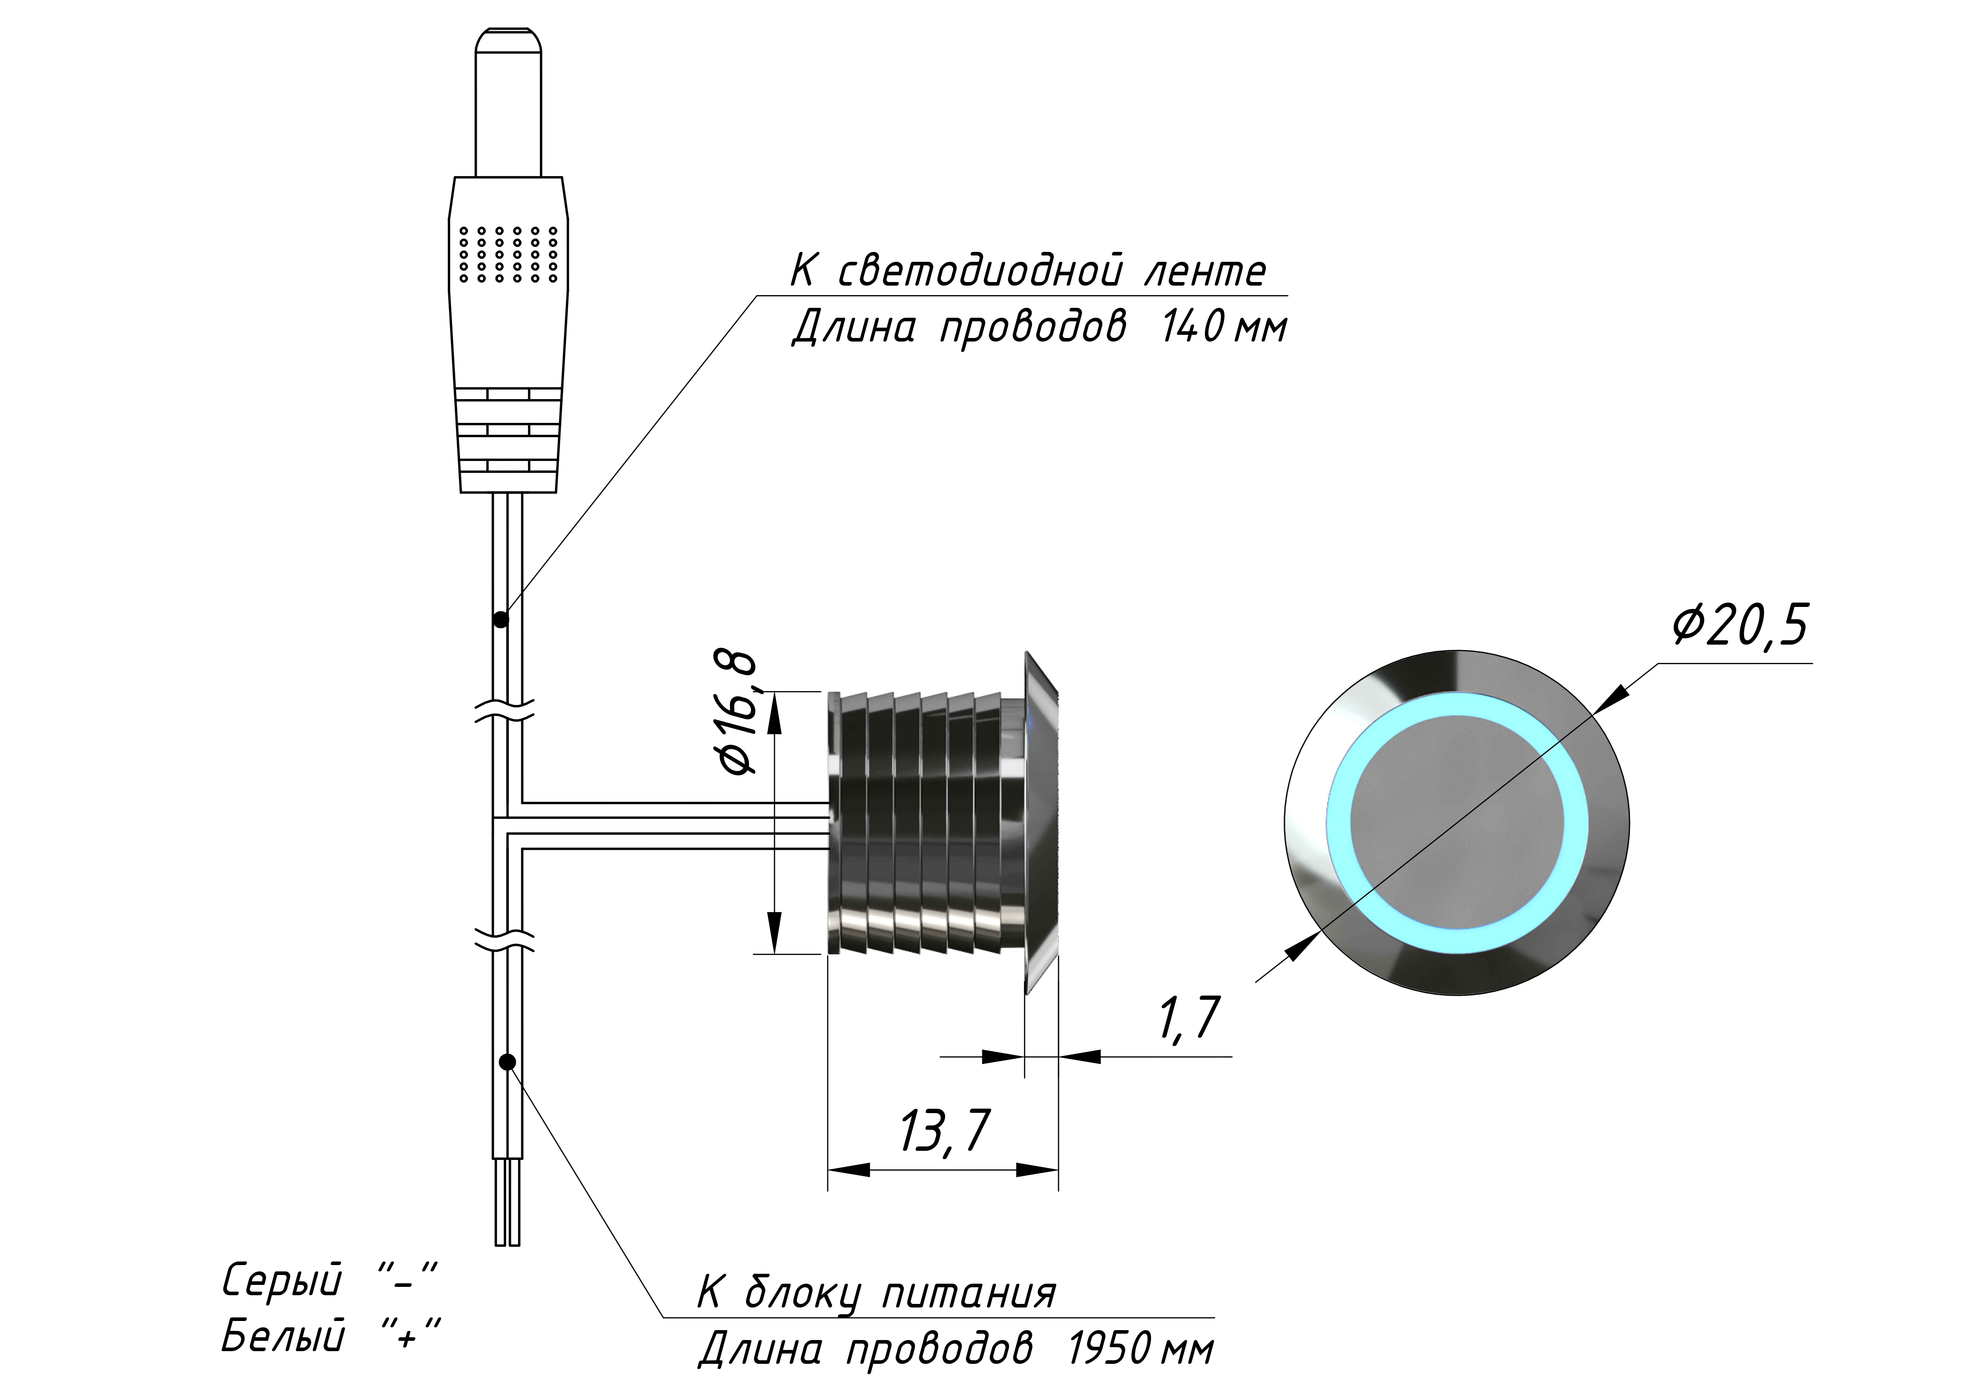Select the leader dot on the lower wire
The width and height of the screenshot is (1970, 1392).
[507, 1062]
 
